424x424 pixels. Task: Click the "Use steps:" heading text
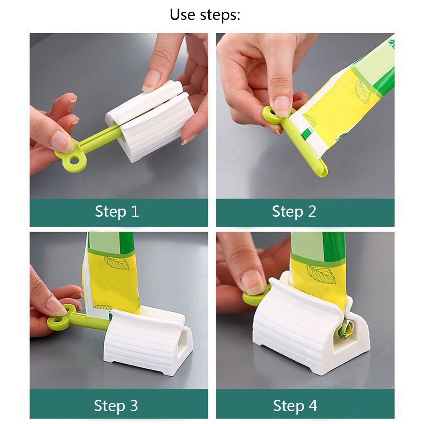point(205,15)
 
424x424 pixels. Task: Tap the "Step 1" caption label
point(117,212)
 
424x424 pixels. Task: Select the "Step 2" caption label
point(294,212)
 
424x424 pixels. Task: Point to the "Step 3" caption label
point(116,406)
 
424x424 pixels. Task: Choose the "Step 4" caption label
point(295,406)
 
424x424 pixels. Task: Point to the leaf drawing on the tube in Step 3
point(117,262)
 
